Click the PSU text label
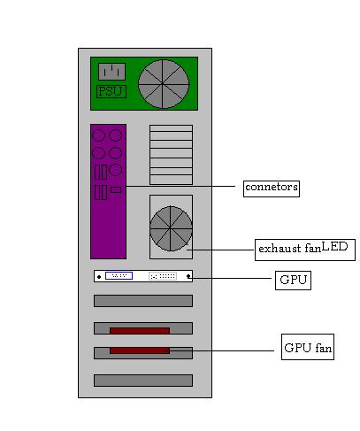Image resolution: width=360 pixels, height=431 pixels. pos(111,91)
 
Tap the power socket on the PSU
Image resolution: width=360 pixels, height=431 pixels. pos(111,72)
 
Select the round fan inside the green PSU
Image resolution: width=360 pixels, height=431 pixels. pos(164,84)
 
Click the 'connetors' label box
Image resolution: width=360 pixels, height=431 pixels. pos(272,189)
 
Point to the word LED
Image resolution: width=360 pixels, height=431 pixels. pos(334,247)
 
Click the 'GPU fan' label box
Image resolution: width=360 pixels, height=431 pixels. pos(308,347)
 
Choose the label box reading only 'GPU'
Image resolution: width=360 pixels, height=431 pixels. pos(293,281)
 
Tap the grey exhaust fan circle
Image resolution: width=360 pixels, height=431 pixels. pos(171,228)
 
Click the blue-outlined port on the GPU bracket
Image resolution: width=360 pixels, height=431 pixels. pos(119,276)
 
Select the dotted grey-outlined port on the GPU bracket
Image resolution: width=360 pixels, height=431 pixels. pos(163,276)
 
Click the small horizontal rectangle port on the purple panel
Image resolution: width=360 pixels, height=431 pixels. pos(116,189)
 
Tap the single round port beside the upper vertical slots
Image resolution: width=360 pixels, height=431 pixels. pos(115,170)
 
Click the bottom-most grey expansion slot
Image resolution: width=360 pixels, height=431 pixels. pos(143,381)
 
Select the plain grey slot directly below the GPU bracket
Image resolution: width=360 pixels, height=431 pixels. pos(143,301)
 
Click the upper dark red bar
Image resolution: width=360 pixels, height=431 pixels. pos(140,331)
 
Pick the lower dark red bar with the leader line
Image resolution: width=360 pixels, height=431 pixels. pos(140,350)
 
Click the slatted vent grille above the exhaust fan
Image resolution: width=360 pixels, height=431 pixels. pos(171,155)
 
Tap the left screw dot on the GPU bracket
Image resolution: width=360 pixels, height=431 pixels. pos(99,277)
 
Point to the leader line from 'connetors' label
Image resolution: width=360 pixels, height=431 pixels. pos(180,186)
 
